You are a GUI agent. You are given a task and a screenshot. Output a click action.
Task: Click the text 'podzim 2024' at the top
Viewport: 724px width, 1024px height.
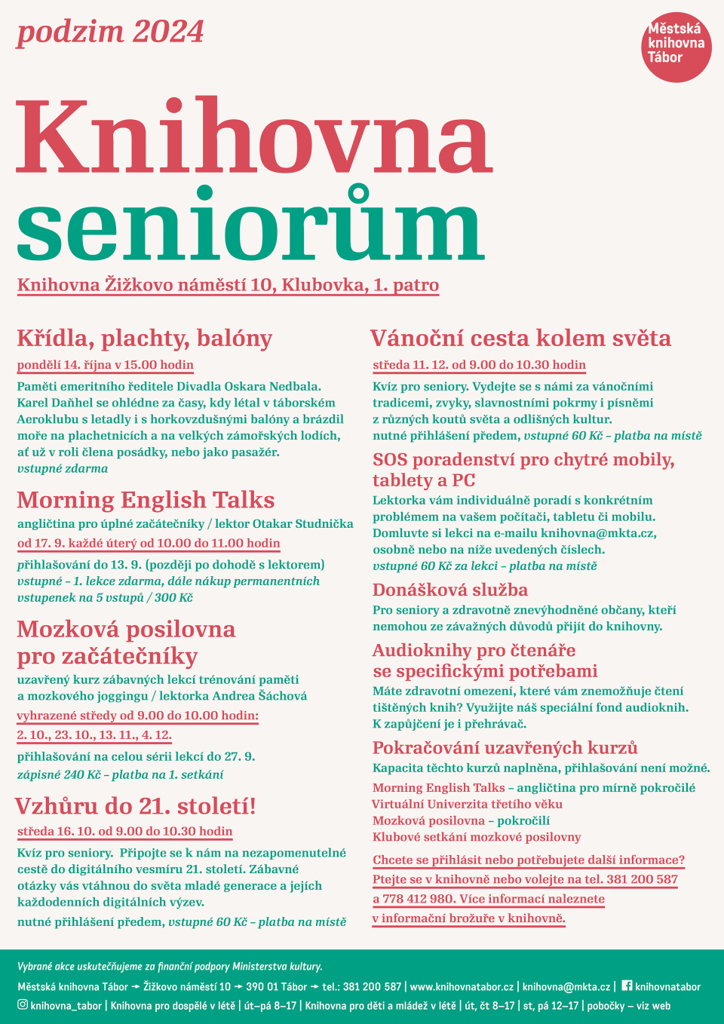(110, 32)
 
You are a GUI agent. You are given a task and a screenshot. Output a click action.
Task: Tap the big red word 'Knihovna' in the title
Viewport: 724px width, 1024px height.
(253, 137)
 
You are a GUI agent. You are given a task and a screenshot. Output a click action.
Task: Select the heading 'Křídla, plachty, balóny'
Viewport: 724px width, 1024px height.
(145, 339)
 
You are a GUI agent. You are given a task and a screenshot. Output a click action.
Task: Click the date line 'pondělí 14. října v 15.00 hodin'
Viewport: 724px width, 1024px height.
(106, 365)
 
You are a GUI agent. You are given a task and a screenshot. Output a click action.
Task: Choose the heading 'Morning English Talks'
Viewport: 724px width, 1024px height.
(146, 500)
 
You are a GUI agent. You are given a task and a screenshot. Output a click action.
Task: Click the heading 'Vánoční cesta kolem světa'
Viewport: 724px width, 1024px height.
(520, 339)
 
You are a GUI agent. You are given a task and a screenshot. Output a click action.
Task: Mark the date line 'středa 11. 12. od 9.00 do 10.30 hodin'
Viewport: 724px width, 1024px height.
(479, 365)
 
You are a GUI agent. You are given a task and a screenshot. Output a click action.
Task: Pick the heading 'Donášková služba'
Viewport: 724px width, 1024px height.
(450, 590)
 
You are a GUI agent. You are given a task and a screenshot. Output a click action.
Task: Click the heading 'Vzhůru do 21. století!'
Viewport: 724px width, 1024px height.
(136, 806)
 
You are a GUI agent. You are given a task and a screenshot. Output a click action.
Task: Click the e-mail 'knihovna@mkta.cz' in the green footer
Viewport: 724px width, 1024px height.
(566, 986)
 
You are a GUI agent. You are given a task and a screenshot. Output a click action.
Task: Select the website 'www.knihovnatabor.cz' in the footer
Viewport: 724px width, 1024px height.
(462, 986)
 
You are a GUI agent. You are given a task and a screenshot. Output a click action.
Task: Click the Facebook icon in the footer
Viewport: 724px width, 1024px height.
(627, 986)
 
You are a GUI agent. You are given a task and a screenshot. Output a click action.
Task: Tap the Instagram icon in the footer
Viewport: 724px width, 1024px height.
(23, 1004)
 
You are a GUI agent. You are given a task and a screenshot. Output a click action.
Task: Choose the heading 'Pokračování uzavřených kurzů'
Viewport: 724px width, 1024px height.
(505, 748)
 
